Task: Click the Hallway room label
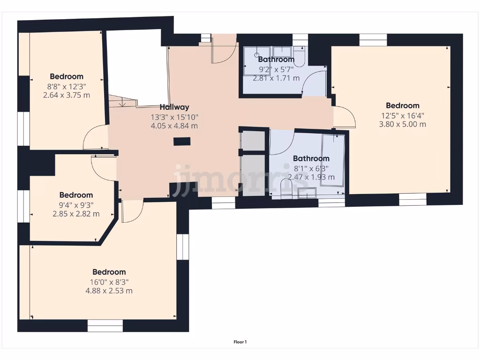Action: (x=174, y=107)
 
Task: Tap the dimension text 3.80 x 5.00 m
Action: (x=402, y=124)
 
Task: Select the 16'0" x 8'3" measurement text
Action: (x=109, y=282)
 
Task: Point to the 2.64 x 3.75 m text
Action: (x=66, y=95)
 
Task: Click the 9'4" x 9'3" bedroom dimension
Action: (x=76, y=205)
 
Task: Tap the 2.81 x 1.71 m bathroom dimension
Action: (x=276, y=78)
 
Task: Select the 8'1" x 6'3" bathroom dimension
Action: (x=311, y=168)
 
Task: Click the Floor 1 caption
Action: (x=240, y=342)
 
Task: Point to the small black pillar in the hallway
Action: (x=182, y=141)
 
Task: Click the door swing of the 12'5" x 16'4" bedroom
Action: (x=345, y=117)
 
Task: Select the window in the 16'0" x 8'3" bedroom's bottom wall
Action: (x=105, y=325)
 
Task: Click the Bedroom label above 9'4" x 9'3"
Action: (x=76, y=195)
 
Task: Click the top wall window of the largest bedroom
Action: (x=373, y=40)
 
